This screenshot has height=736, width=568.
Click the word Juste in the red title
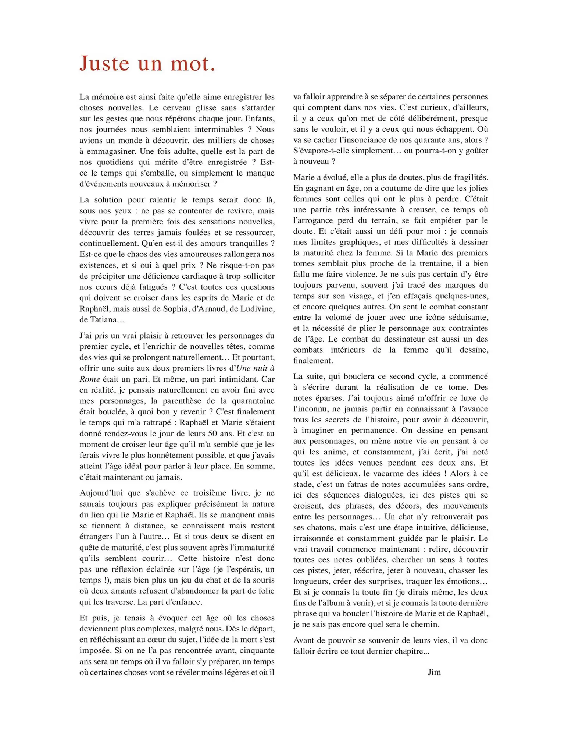104,63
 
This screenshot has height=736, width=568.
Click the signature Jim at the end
434,672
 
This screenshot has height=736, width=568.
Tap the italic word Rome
89,379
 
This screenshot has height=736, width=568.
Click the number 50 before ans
215,434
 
